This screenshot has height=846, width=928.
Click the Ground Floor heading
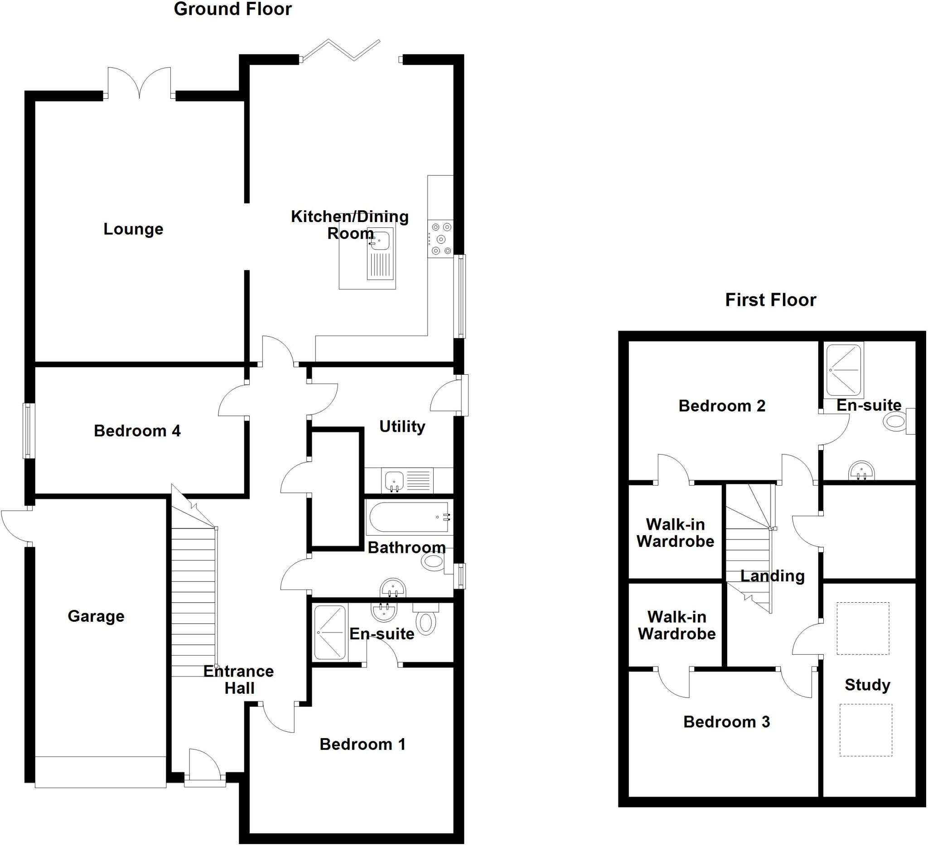pyautogui.click(x=232, y=10)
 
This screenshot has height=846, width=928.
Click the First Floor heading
pyautogui.click(x=770, y=300)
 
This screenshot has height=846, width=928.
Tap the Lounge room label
pyautogui.click(x=133, y=229)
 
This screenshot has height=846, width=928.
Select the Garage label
pyautogui.click(x=96, y=616)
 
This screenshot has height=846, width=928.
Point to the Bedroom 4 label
pyautogui.click(x=137, y=431)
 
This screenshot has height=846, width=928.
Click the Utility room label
pyautogui.click(x=402, y=427)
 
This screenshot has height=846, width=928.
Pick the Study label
pyautogui.click(x=867, y=685)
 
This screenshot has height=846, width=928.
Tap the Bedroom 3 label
pyautogui.click(x=726, y=722)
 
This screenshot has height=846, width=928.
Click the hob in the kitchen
pyautogui.click(x=440, y=239)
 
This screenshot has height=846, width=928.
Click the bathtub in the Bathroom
pyautogui.click(x=409, y=517)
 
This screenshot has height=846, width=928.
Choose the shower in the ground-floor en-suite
pyautogui.click(x=329, y=633)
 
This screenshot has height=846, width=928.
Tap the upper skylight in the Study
pyautogui.click(x=863, y=628)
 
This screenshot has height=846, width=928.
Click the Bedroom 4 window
pyautogui.click(x=29, y=431)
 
